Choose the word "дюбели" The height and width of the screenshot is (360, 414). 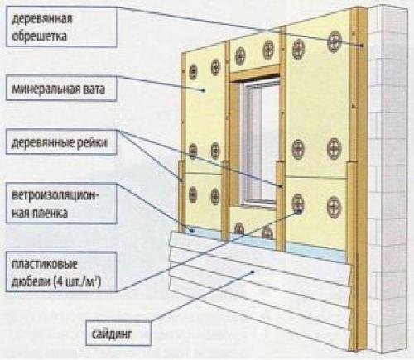29,282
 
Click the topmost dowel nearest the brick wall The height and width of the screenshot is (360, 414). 335,39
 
